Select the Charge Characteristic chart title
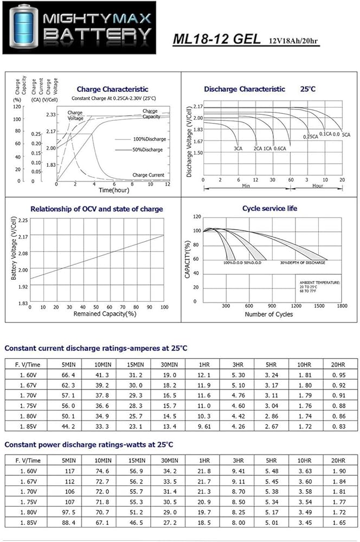pyautogui.click(x=112, y=89)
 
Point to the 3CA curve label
pyautogui.click(x=237, y=148)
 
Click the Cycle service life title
pyautogui.click(x=269, y=208)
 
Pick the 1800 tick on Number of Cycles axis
pyautogui.click(x=342, y=306)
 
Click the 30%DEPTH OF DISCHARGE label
pyautogui.click(x=303, y=262)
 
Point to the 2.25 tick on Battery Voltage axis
pyautogui.click(x=22, y=221)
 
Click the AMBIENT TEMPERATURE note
pyautogui.click(x=320, y=283)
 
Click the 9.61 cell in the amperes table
pyautogui.click(x=204, y=427)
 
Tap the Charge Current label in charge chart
pyautogui.click(x=149, y=175)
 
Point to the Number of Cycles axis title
pyautogui.click(x=269, y=314)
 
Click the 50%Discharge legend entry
pyautogui.click(x=147, y=149)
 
